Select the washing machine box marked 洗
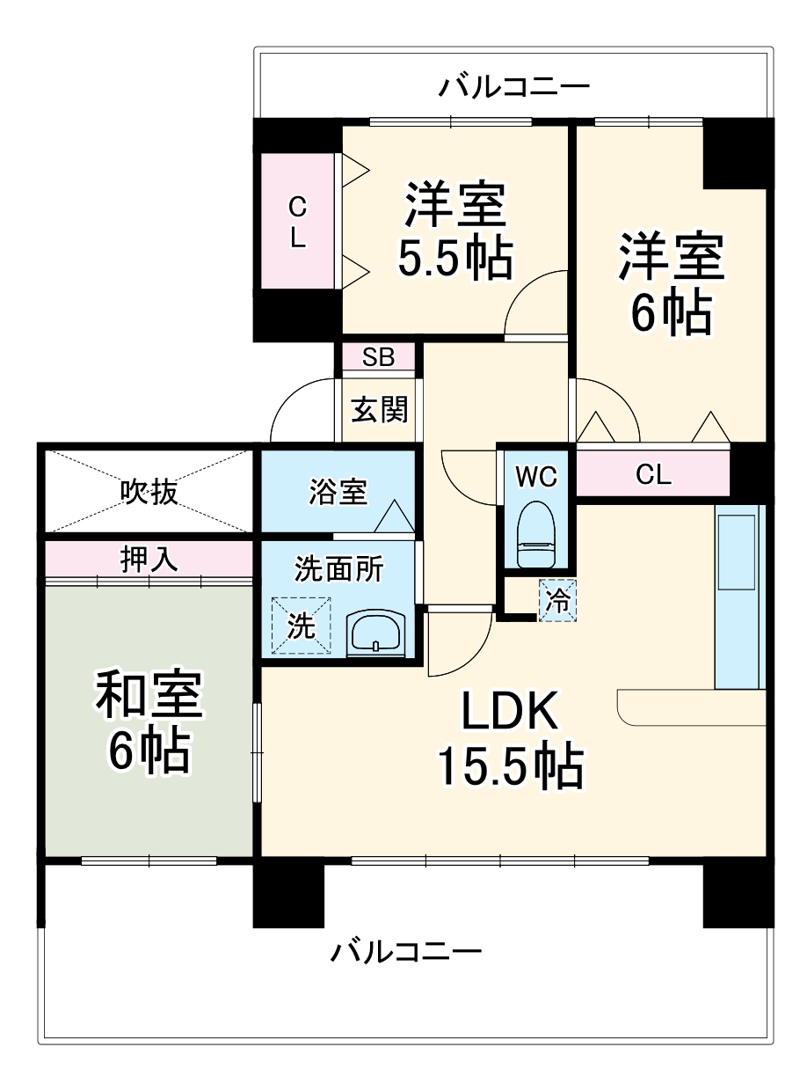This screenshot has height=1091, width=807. (x=301, y=626)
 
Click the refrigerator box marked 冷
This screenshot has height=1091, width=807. (x=557, y=600)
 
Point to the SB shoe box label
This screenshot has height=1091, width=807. (x=379, y=357)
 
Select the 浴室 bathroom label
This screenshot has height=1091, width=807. (x=338, y=492)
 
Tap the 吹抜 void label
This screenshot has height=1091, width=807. (x=149, y=492)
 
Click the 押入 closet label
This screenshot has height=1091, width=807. (x=149, y=560)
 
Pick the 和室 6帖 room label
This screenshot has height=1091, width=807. (x=149, y=721)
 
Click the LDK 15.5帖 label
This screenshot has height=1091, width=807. (x=510, y=739)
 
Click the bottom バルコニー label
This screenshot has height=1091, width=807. (x=406, y=951)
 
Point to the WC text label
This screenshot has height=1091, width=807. (x=536, y=476)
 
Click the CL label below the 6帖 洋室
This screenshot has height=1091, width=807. (x=653, y=475)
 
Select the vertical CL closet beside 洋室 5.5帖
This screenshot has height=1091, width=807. (x=298, y=222)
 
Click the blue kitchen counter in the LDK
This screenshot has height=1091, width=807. (x=739, y=598)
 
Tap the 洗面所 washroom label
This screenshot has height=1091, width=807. (x=338, y=570)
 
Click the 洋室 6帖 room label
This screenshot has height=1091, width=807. (x=671, y=282)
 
